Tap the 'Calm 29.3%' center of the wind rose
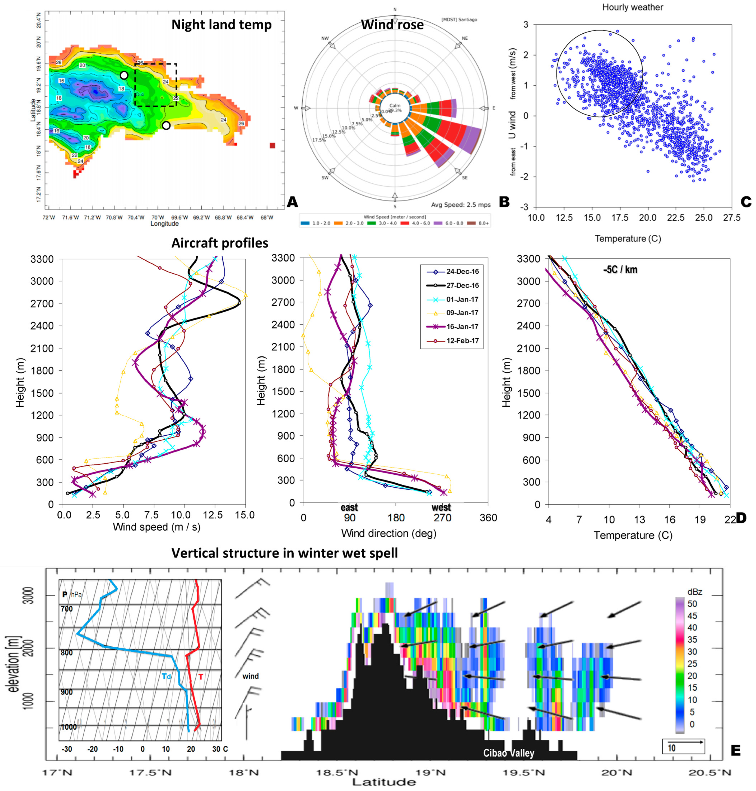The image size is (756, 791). pos(395,108)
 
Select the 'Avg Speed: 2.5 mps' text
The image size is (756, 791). pos(461,205)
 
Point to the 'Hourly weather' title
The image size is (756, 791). pos(632,7)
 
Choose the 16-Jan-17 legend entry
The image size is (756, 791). pos(462,326)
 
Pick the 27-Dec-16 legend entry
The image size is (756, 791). pos(462,285)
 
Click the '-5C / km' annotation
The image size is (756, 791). pos(620,270)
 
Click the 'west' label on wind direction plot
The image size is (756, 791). pos(441,508)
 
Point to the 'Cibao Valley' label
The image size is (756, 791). pos(509,753)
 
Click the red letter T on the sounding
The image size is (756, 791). pos(201,677)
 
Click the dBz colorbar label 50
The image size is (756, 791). pos(692,604)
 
